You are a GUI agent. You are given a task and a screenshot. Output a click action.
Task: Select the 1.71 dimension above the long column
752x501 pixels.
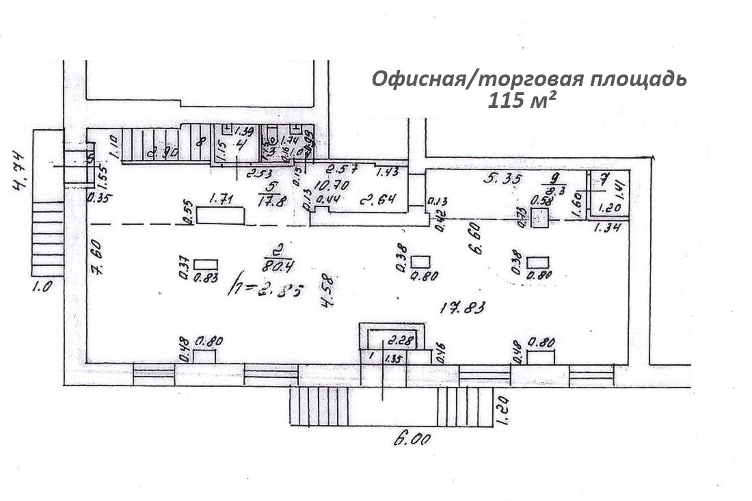(220, 200)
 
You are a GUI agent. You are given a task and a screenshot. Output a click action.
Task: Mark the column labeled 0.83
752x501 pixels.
(206, 264)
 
